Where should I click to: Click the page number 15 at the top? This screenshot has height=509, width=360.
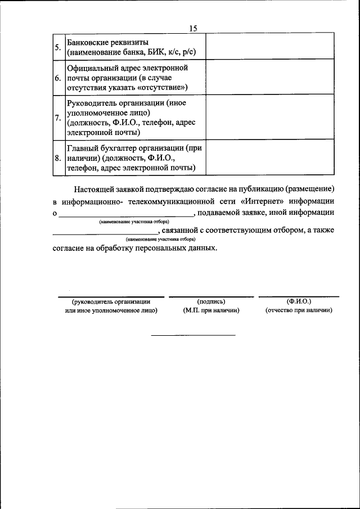coord(193,29)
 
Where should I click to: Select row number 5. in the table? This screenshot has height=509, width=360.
coord(58,48)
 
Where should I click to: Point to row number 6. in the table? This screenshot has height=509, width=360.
coord(58,78)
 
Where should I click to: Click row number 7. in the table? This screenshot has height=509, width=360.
coord(58,118)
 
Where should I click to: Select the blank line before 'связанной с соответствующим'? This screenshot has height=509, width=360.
coord(105,232)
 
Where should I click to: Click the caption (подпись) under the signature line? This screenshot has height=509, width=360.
coord(211,301)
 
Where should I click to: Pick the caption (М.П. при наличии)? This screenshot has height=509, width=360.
coord(211,310)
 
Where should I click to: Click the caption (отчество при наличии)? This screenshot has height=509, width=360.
coord(299,310)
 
